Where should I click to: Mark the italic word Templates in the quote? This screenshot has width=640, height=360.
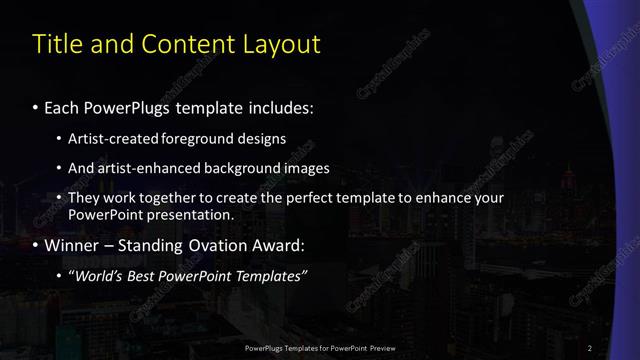(269, 275)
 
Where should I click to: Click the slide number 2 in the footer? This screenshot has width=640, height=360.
(590, 348)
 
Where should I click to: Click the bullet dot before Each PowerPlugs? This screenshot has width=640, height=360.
(37, 107)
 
